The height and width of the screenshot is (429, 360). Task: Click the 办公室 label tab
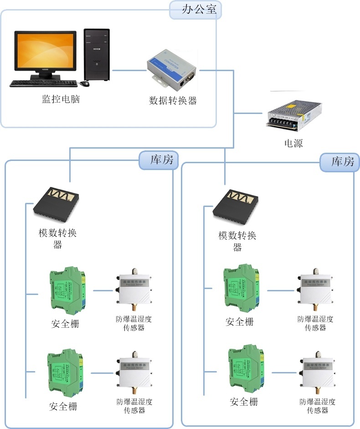pyautogui.click(x=195, y=10)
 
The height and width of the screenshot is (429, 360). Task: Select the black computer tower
pyautogui.click(x=97, y=55)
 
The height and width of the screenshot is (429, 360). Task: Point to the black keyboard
pyautogui.click(x=43, y=83)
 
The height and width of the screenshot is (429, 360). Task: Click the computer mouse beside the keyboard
pyautogui.click(x=85, y=83)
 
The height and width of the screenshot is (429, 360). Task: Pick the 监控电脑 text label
pyautogui.click(x=61, y=99)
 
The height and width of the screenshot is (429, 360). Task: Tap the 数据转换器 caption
pyautogui.click(x=173, y=101)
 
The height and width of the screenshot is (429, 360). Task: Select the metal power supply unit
pyautogui.click(x=294, y=114)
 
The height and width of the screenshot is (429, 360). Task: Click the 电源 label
pyautogui.click(x=293, y=143)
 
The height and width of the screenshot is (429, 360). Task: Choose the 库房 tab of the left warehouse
pyautogui.click(x=159, y=160)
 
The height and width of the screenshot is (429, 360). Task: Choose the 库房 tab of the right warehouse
pyautogui.click(x=339, y=162)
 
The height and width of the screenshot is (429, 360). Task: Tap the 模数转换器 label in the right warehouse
pyautogui.click(x=237, y=241)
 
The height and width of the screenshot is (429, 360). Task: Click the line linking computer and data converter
pyautogui.click(x=129, y=70)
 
